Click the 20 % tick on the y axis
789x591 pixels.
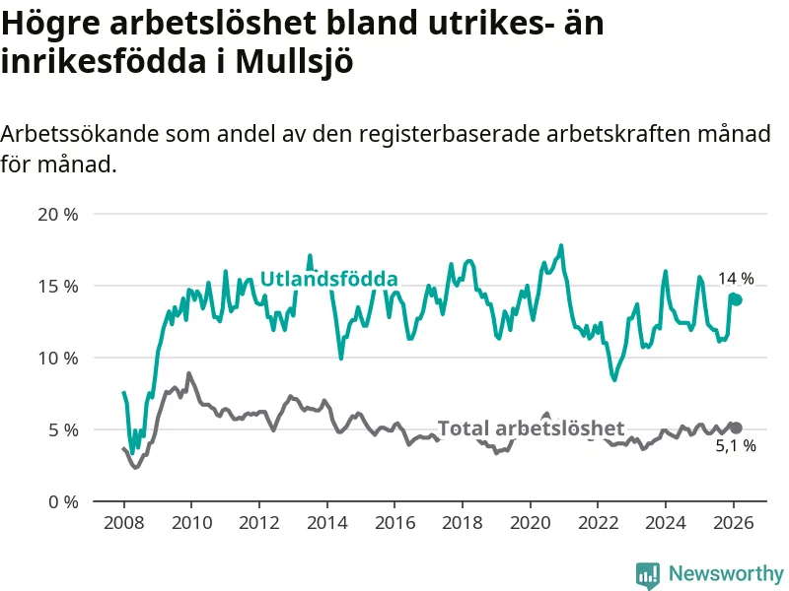click(x=57, y=214)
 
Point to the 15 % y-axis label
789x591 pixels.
click(x=57, y=286)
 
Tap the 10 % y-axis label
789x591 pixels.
click(x=57, y=358)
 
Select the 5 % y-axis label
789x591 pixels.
click(x=62, y=429)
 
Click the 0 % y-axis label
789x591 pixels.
click(x=62, y=501)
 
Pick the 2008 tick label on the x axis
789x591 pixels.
click(x=123, y=522)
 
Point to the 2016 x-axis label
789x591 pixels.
click(x=394, y=522)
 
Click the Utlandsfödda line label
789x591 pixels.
click(x=328, y=279)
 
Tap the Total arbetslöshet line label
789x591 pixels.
click(x=531, y=428)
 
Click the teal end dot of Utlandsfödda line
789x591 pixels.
click(x=736, y=299)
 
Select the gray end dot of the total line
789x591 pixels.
click(x=736, y=427)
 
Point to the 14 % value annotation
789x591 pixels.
click(x=736, y=279)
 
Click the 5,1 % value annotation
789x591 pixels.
click(x=736, y=446)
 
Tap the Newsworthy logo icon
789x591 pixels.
click(x=648, y=574)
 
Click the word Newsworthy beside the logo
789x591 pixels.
click(x=726, y=573)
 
